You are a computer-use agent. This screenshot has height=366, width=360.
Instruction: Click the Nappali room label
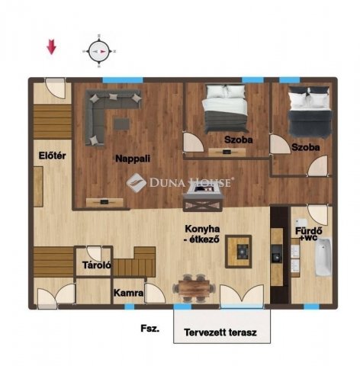point(133,159)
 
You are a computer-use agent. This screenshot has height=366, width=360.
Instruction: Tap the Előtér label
point(52,156)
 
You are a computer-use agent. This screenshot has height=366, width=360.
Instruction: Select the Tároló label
point(97,265)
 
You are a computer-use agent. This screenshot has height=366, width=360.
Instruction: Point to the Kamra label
point(128,293)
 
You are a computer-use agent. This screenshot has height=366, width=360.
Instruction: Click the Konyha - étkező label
point(202,234)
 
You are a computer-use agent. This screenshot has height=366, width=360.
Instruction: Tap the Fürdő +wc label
point(309,234)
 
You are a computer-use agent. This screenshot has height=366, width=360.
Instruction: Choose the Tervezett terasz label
point(220,332)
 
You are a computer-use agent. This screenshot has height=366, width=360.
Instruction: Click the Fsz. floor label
point(150,329)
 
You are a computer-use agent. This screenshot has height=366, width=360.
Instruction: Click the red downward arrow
point(51,47)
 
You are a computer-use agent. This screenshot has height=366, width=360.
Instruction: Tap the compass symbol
point(99,51)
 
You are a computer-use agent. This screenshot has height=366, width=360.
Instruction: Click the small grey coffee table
point(121,124)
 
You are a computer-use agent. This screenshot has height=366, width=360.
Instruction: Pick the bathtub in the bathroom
point(323,257)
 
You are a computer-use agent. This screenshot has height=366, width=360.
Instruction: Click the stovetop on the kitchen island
point(243,252)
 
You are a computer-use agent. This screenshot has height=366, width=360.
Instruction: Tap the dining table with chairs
point(194,288)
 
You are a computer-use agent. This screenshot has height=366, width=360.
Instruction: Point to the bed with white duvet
point(224,109)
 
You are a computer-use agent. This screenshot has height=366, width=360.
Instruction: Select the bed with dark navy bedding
point(310,112)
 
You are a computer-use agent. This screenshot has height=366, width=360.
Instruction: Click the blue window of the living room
point(123,80)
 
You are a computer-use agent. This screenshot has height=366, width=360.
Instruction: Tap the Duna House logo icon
point(137,182)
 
